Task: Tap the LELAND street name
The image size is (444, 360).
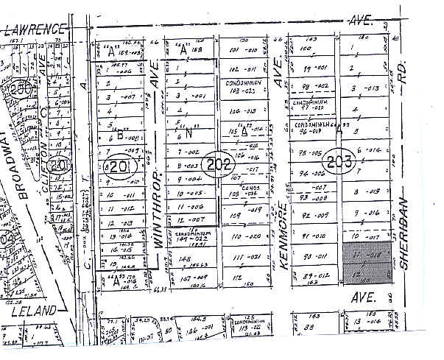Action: pyautogui.click(x=35, y=311)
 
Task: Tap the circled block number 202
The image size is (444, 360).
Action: pyautogui.click(x=220, y=164)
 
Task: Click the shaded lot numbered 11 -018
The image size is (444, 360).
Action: pyautogui.click(x=366, y=254)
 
